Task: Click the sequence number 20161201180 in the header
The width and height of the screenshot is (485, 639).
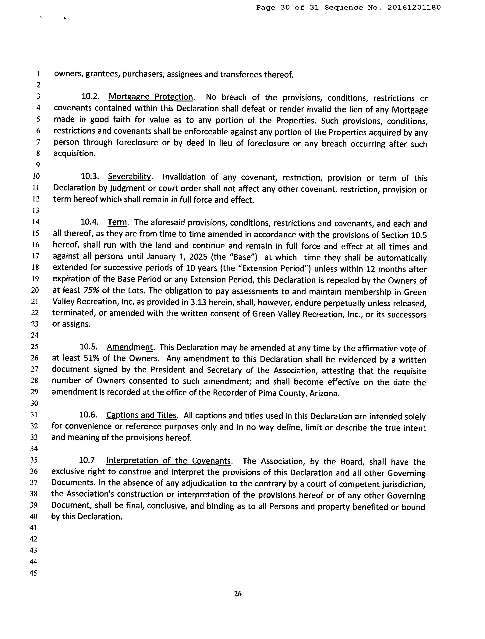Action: tap(414, 8)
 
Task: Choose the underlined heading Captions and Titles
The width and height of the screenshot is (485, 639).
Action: tap(141, 415)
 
